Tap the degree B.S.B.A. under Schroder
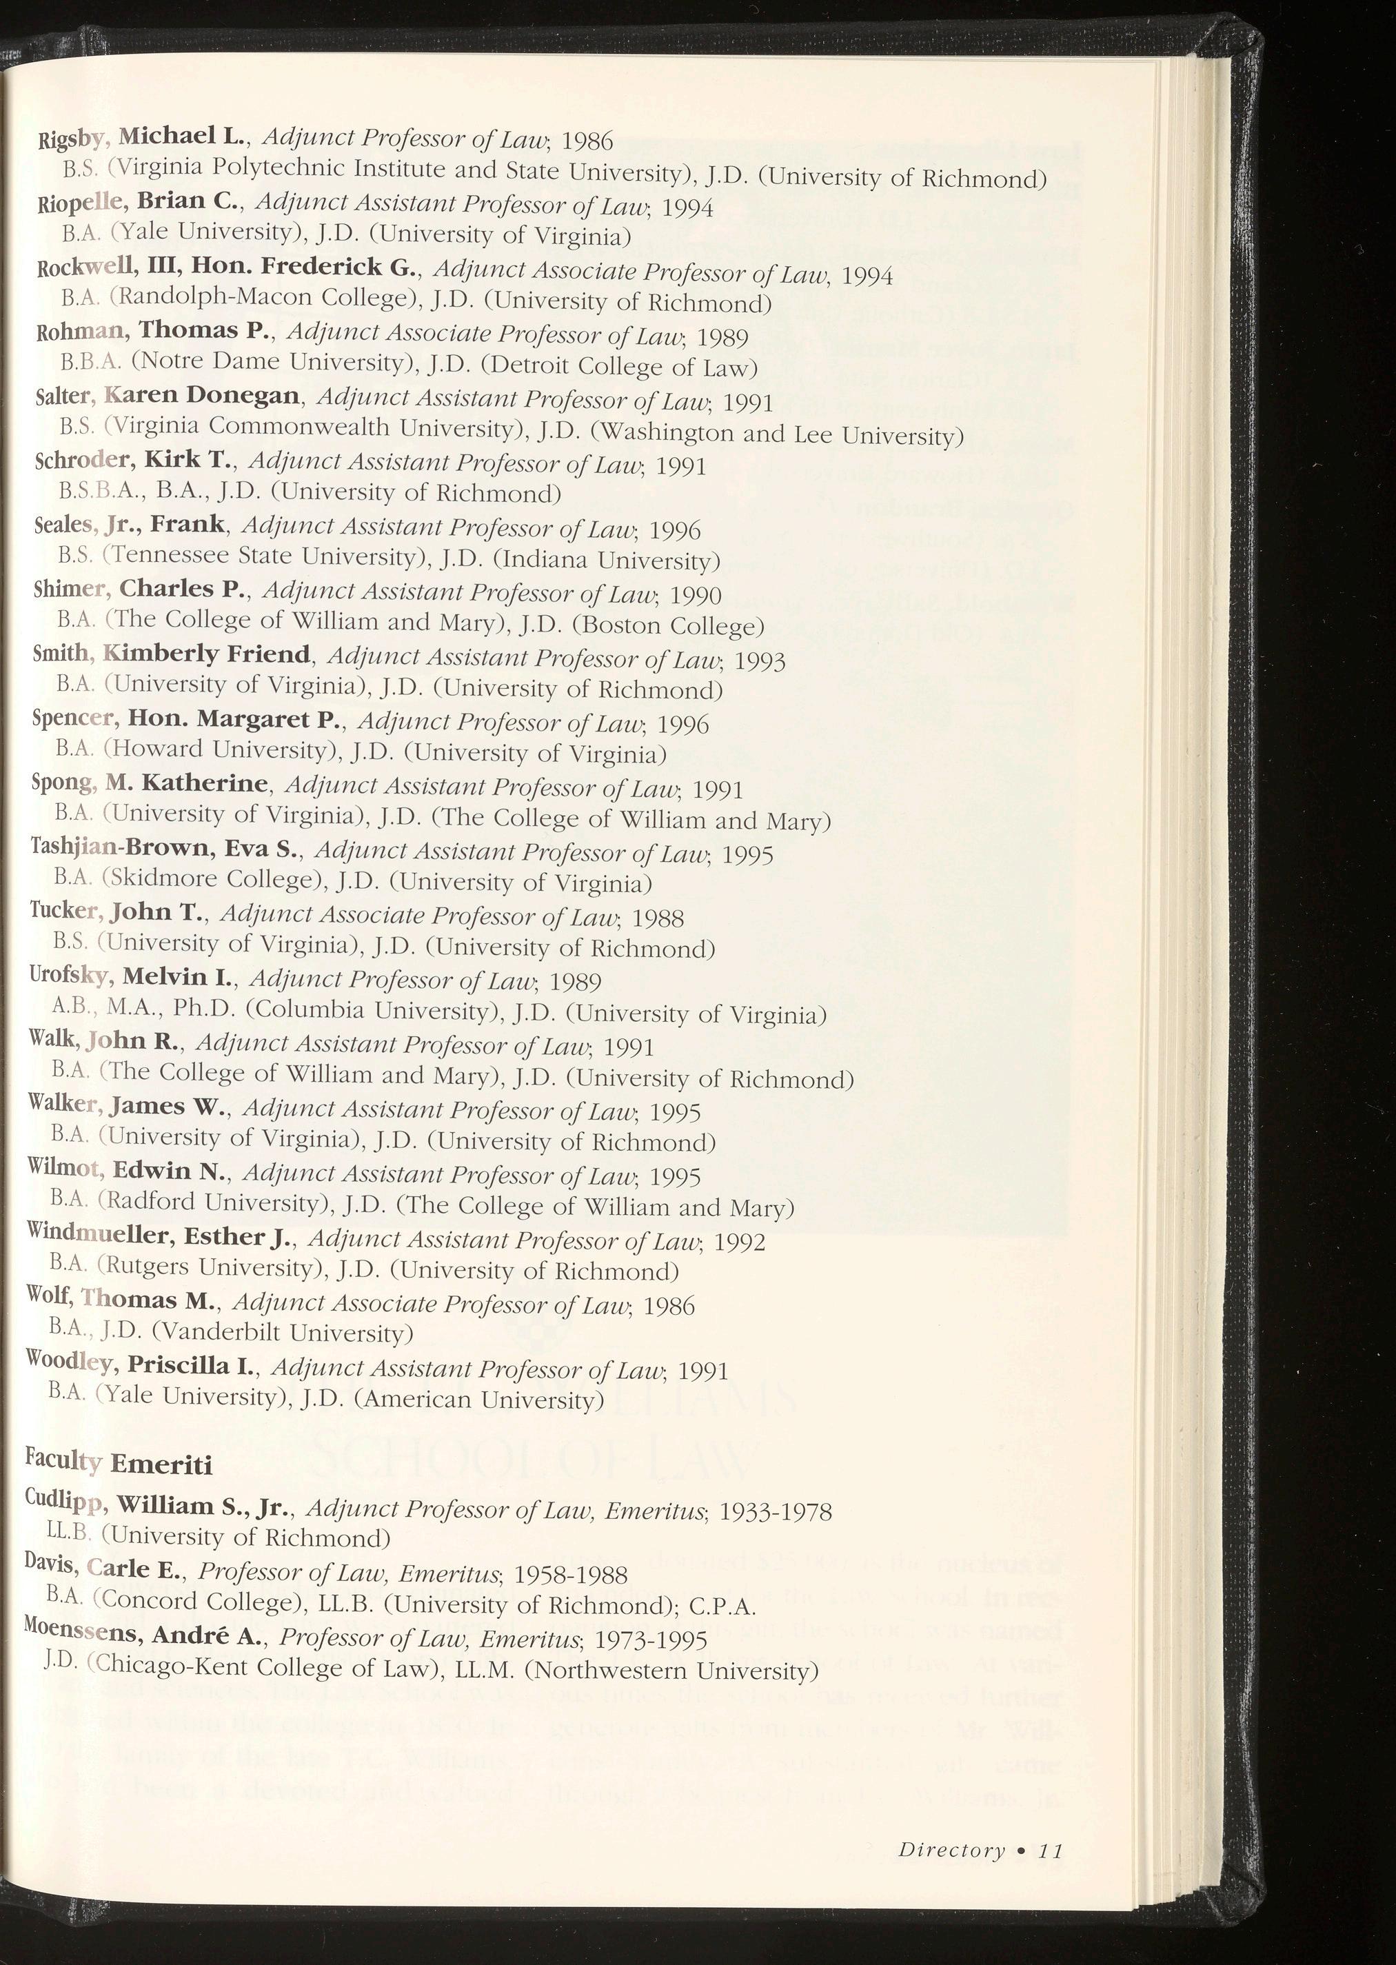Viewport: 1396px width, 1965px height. (92, 492)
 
